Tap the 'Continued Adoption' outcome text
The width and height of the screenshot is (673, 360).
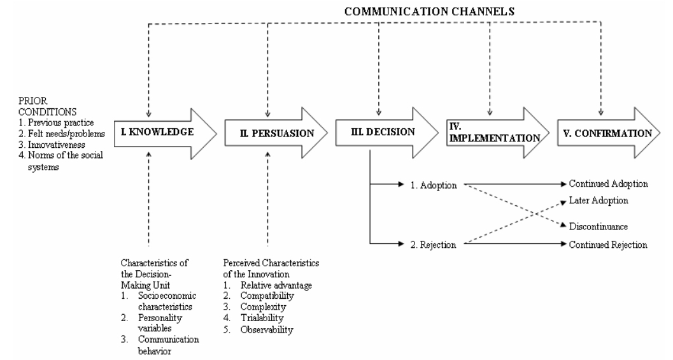608,184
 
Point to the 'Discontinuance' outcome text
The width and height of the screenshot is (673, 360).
599,226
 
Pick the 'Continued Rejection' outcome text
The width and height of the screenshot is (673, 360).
608,243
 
